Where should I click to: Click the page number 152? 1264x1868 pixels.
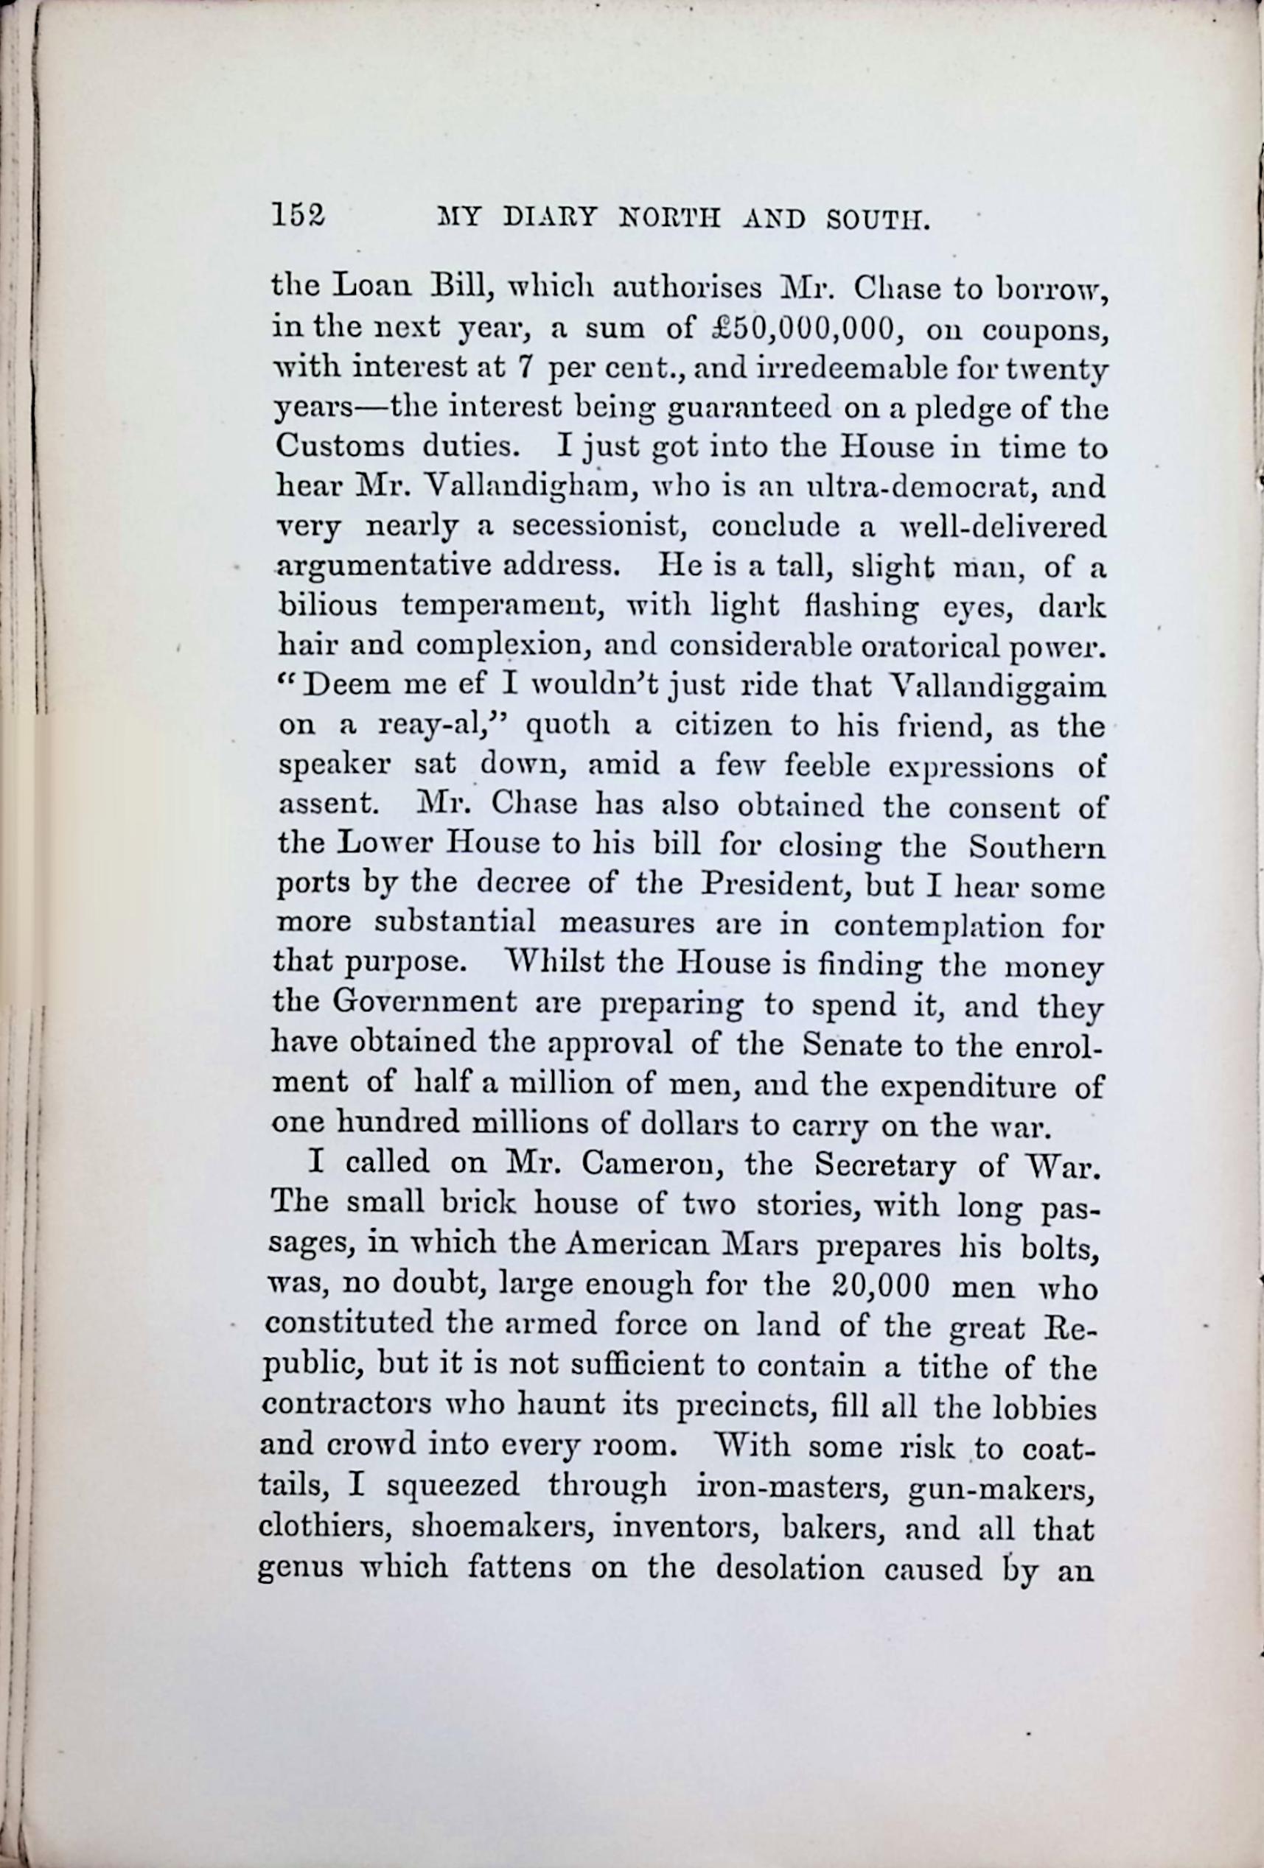298,215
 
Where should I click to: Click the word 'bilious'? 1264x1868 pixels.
327,605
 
